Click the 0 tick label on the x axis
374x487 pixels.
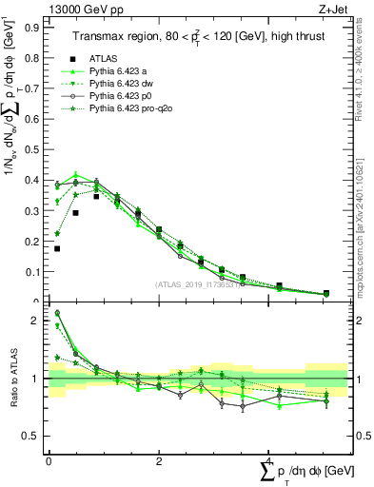49,460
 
